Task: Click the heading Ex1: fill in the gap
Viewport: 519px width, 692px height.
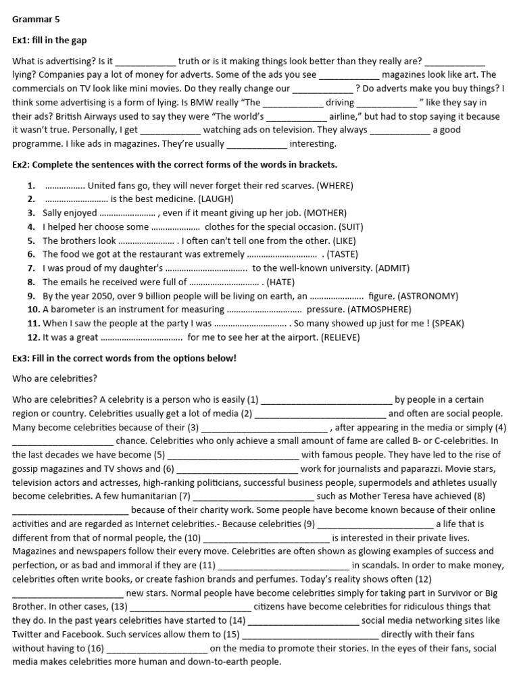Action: pyautogui.click(x=49, y=41)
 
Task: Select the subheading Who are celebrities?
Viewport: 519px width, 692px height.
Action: pyautogui.click(x=55, y=378)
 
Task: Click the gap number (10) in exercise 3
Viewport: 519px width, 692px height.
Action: pyautogui.click(x=193, y=538)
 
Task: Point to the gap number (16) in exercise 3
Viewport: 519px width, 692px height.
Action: pyautogui.click(x=95, y=648)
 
